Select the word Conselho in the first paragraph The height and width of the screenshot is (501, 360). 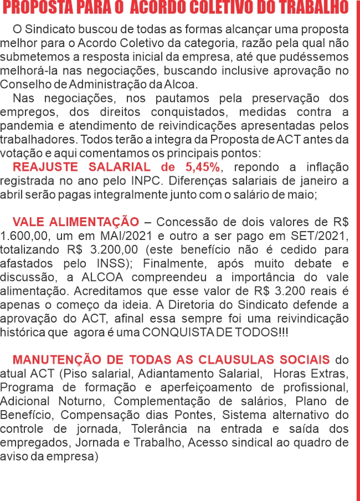pos(19,84)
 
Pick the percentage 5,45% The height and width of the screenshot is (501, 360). pos(203,167)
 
